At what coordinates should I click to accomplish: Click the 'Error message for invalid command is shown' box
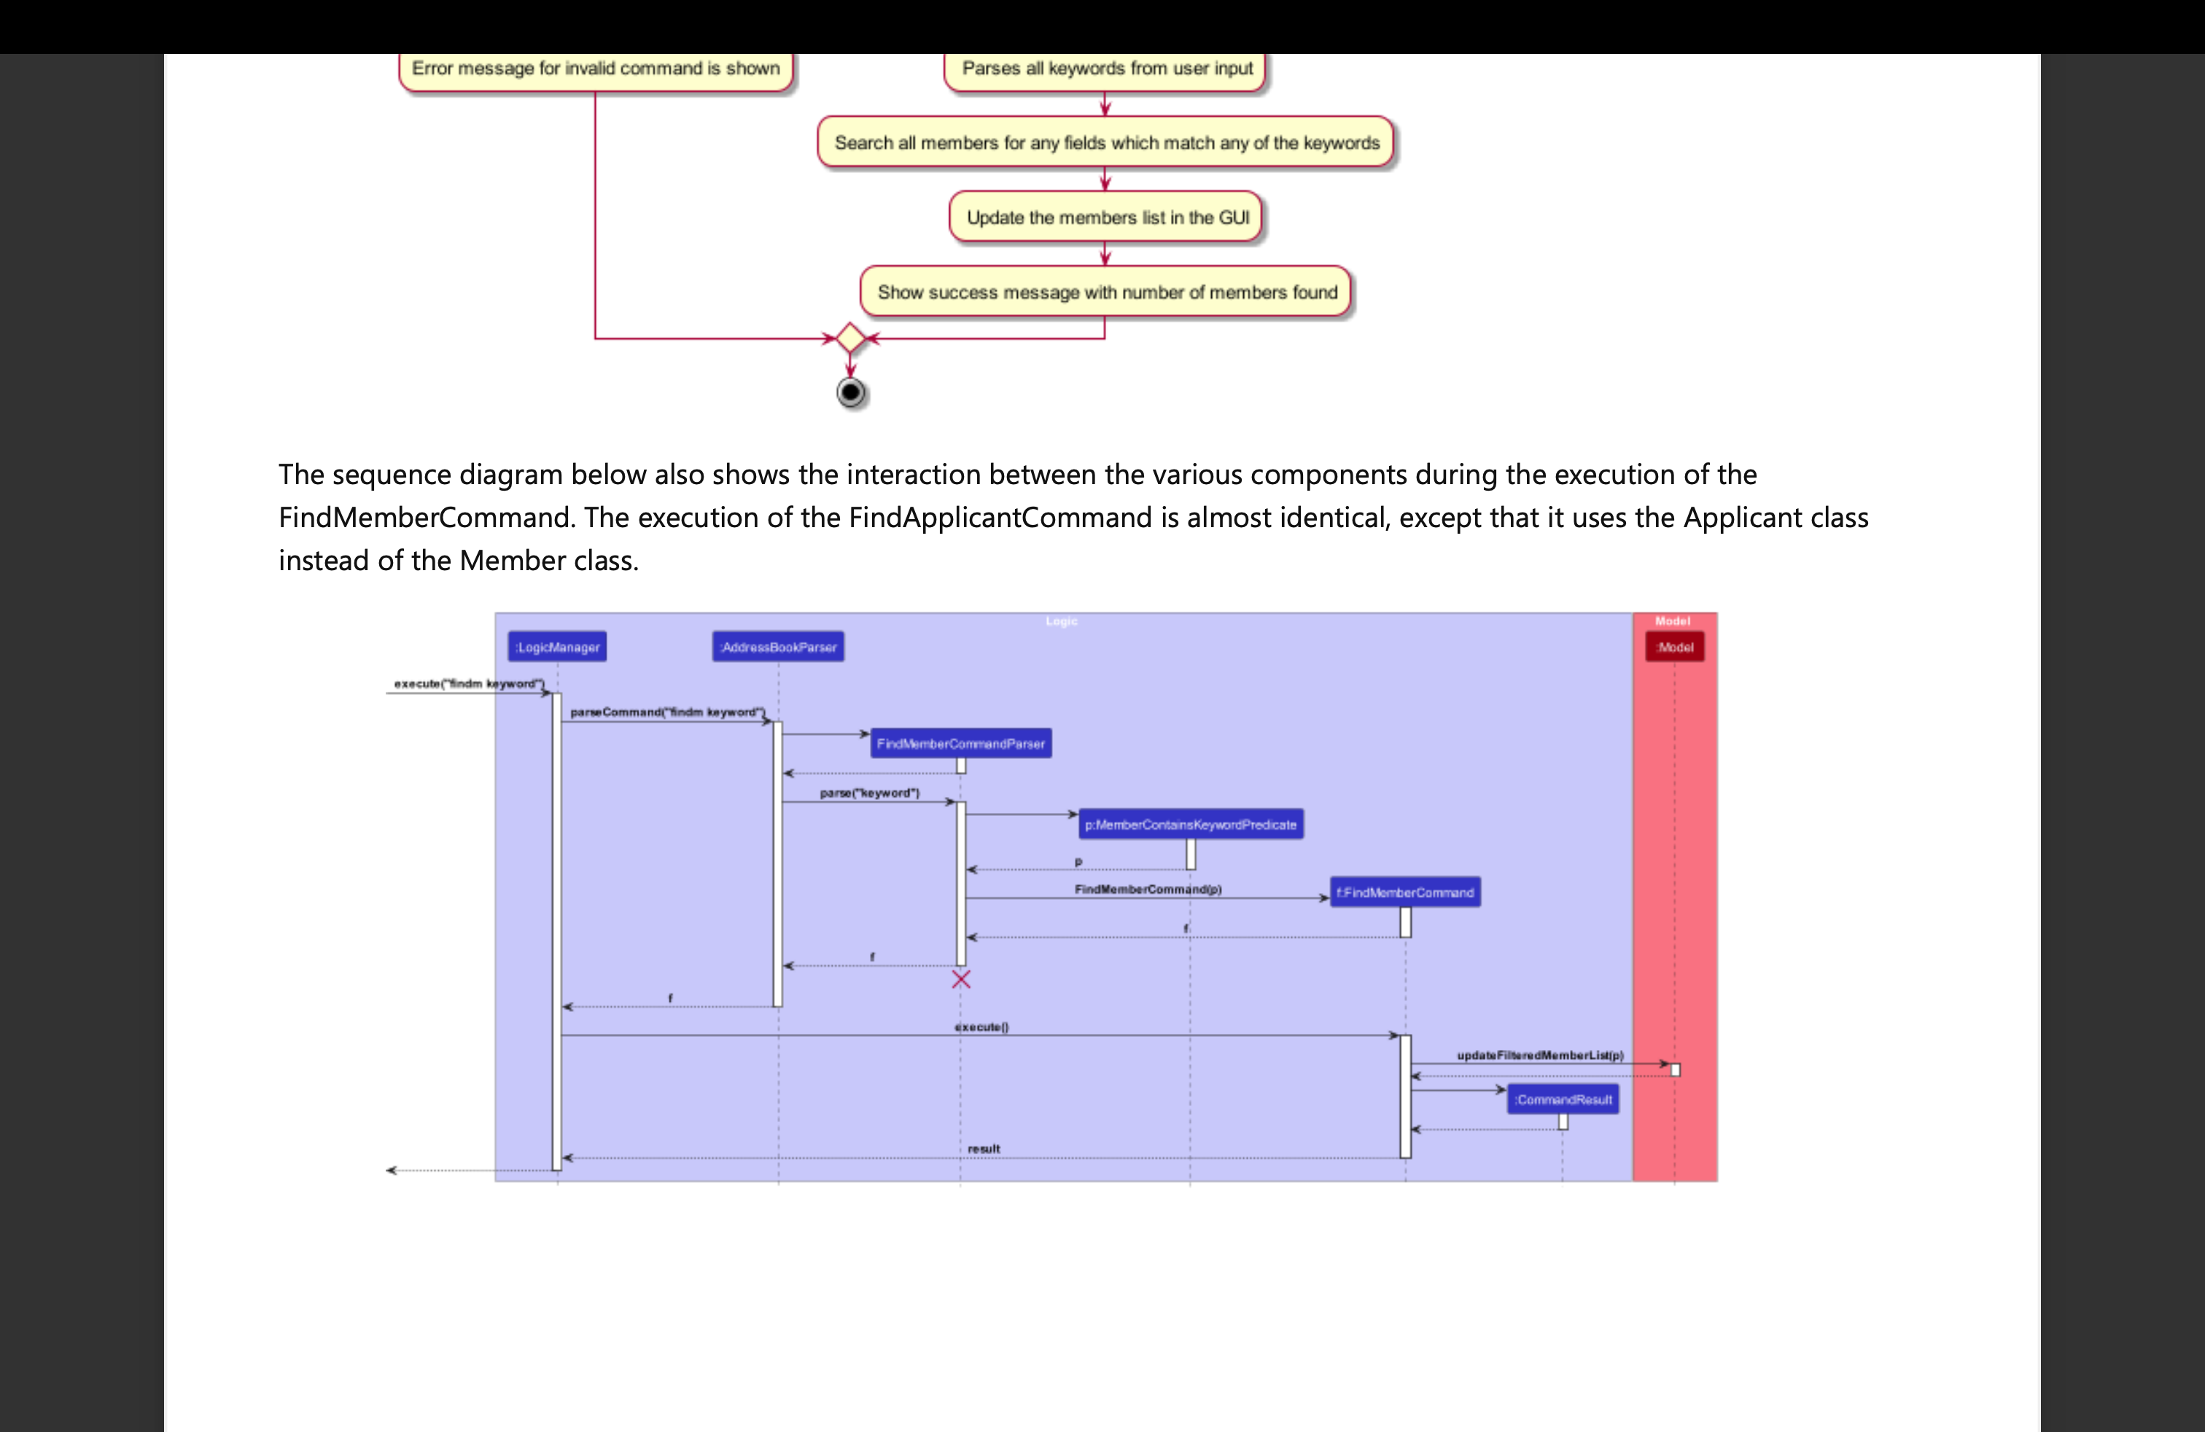coord(596,69)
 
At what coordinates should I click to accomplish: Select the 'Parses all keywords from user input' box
coord(1106,69)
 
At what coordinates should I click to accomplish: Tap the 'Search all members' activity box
coord(1106,143)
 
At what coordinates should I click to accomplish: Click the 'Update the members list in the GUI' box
coord(1106,218)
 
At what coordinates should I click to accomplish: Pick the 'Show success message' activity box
coord(1106,292)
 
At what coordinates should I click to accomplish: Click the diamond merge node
coord(850,338)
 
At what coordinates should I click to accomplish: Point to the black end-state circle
coord(850,393)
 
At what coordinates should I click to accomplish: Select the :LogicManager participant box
coord(557,647)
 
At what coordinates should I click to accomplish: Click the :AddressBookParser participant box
coord(778,647)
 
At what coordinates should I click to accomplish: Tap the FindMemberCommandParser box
coord(961,744)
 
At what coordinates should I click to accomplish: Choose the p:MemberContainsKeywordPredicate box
coord(1191,825)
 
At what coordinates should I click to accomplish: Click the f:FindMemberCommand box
coord(1404,892)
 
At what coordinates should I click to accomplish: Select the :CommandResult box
coord(1563,1100)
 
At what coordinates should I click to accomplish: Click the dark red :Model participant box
coord(1674,647)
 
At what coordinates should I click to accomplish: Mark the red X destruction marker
coord(961,979)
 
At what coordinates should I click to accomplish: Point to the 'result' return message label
coord(983,1148)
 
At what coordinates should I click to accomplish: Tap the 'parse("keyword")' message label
coord(869,793)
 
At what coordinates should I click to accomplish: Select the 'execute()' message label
coord(981,1027)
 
